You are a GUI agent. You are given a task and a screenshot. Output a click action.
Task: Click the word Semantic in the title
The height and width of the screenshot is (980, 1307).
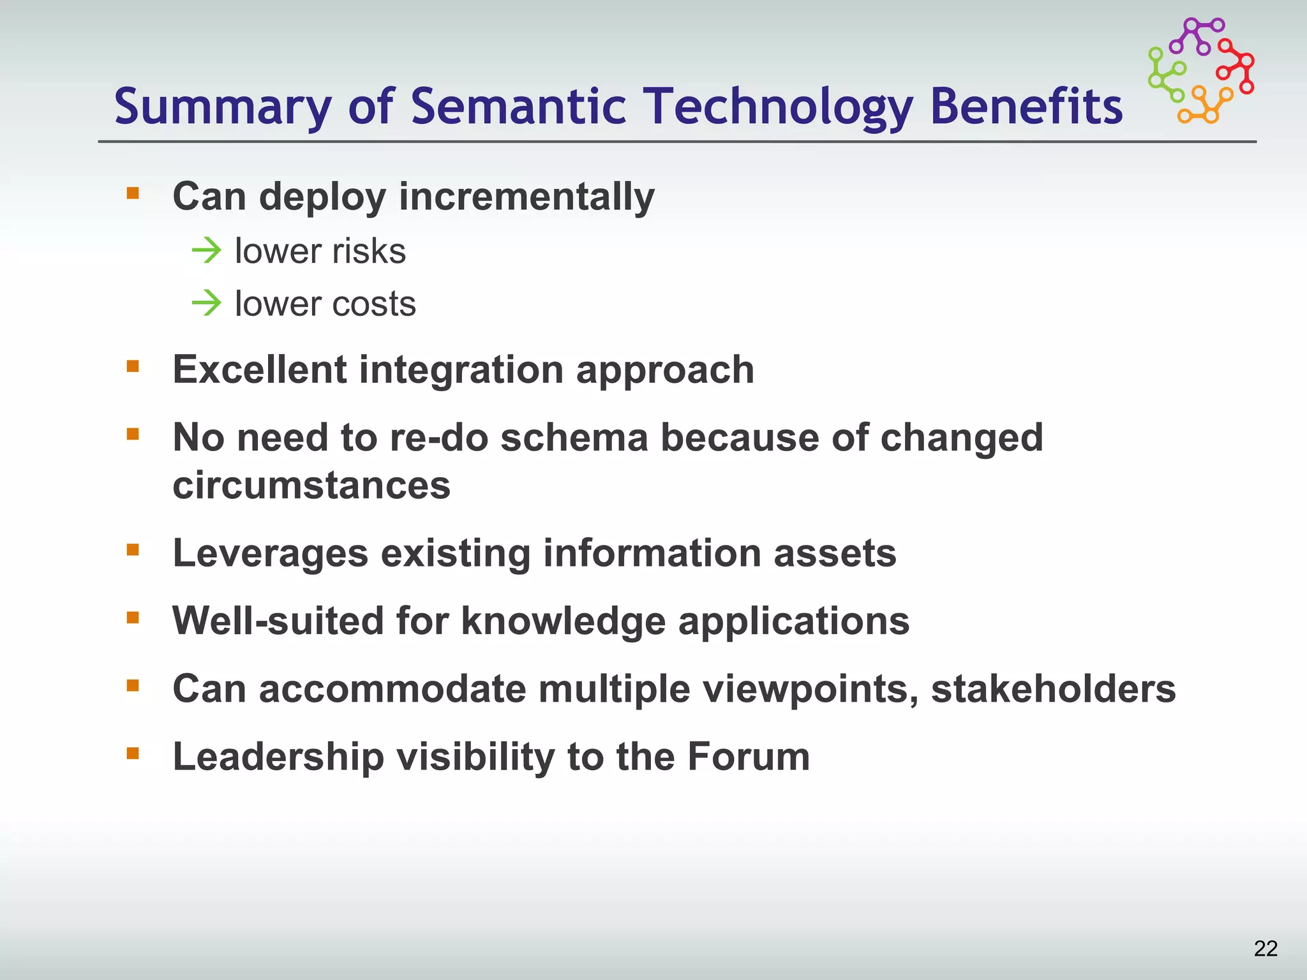pyautogui.click(x=518, y=106)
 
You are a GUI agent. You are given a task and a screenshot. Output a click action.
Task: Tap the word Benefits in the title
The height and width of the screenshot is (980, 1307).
pyautogui.click(x=1026, y=106)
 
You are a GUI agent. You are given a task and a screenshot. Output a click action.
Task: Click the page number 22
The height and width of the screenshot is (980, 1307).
pyautogui.click(x=1265, y=949)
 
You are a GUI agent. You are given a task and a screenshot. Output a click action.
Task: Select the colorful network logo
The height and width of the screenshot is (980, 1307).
pyautogui.click(x=1200, y=70)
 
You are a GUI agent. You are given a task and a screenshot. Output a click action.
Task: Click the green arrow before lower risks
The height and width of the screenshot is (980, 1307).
pyautogui.click(x=206, y=251)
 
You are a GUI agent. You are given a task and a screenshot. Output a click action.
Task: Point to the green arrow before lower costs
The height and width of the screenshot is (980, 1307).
pyautogui.click(x=206, y=303)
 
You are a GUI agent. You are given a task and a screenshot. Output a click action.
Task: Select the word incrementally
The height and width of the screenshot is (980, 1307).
pyautogui.click(x=527, y=197)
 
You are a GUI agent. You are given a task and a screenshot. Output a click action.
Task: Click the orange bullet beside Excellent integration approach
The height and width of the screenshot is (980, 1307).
pyautogui.click(x=133, y=366)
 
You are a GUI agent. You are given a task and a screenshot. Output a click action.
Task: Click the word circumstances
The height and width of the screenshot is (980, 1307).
pyautogui.click(x=311, y=486)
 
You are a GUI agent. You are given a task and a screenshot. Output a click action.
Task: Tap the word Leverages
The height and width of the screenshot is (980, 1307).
pyautogui.click(x=271, y=553)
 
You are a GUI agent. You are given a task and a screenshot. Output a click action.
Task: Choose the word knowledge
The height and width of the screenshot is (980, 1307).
pyautogui.click(x=563, y=621)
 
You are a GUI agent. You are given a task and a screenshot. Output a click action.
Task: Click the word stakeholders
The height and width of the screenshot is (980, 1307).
pyautogui.click(x=1053, y=689)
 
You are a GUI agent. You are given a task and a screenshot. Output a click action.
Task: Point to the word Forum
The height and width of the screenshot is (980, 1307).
pyautogui.click(x=748, y=757)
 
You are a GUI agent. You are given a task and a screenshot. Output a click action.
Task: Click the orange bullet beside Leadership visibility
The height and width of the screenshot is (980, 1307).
pyautogui.click(x=133, y=754)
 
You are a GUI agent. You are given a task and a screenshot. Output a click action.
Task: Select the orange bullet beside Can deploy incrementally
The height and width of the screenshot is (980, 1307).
pyautogui.click(x=133, y=193)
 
